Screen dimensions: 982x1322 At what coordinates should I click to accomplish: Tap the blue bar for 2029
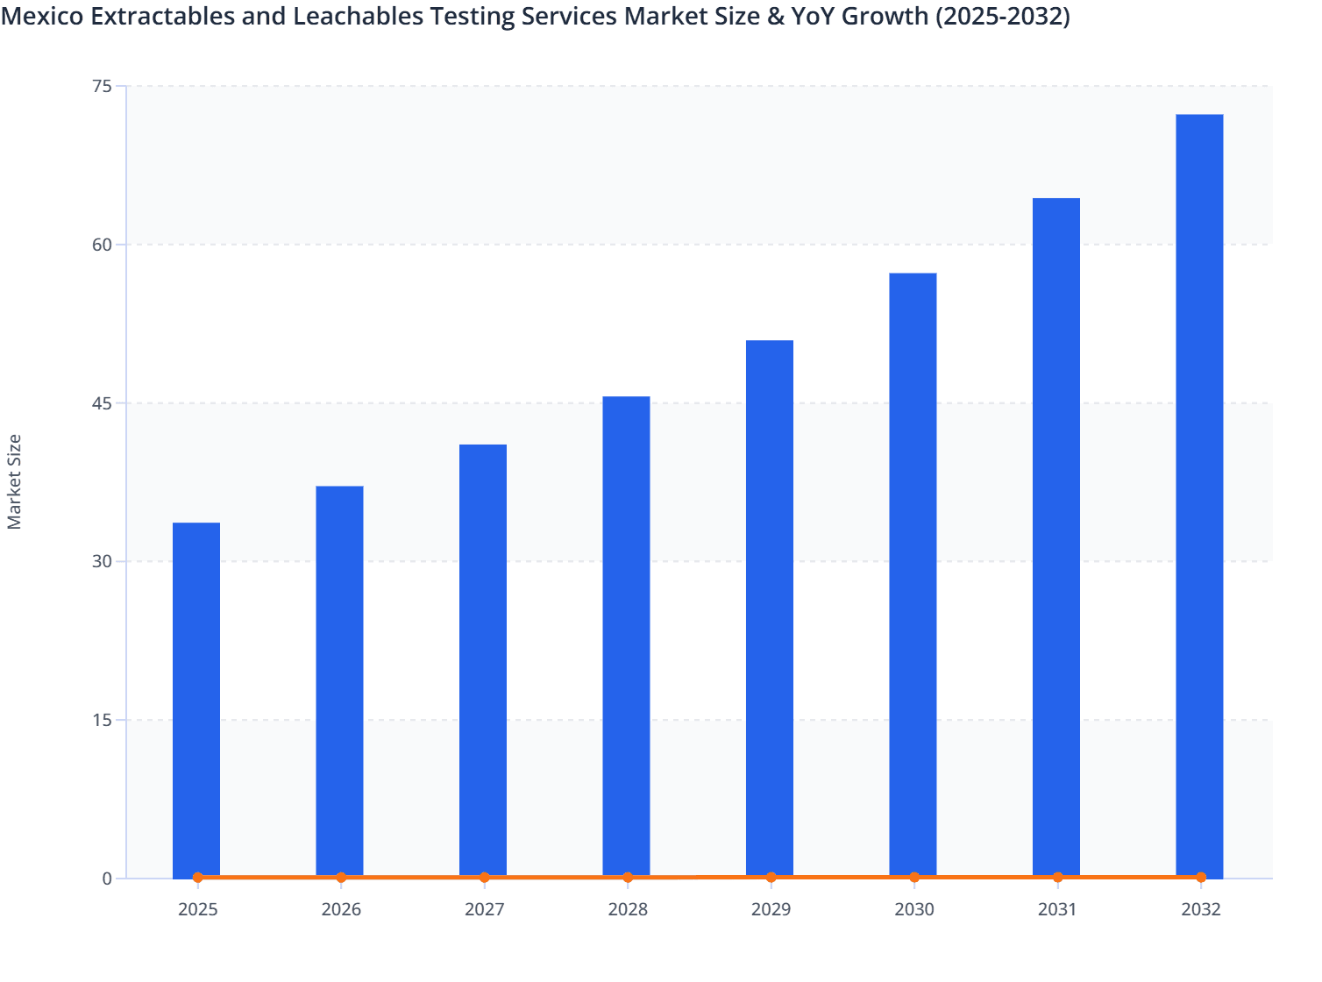point(770,608)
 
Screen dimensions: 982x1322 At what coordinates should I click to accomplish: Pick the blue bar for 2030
point(913,574)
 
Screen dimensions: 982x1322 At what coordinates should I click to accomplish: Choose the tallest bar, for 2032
point(1199,495)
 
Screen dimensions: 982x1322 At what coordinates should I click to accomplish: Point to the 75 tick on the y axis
point(102,86)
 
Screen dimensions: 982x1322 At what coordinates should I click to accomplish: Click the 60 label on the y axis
point(102,245)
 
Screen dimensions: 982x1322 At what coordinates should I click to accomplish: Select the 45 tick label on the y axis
point(102,403)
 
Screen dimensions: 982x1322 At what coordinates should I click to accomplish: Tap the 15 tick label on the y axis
point(102,720)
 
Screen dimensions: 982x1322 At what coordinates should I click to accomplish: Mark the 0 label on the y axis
point(107,879)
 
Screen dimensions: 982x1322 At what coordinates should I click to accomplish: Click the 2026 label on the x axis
point(341,909)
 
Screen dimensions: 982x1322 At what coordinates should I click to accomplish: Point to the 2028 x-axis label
point(628,909)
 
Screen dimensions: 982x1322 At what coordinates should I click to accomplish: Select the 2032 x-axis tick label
point(1200,909)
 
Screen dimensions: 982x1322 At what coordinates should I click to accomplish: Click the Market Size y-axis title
point(15,481)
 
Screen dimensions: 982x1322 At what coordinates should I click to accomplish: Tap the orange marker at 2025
point(197,877)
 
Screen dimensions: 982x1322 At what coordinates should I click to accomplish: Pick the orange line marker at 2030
point(914,877)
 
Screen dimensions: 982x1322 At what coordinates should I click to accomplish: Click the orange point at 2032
point(1201,877)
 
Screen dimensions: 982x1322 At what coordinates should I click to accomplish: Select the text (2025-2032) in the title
point(1002,16)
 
